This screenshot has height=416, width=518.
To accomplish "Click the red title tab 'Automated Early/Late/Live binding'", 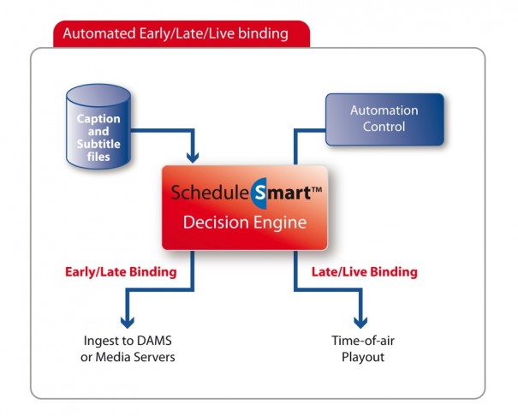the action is [182, 33].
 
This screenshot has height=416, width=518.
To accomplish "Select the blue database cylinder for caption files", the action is [98, 127].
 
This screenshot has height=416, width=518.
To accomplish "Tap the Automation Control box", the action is [385, 119].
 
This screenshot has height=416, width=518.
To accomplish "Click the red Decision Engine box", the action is [245, 208].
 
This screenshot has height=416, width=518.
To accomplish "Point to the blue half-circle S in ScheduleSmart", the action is [259, 193].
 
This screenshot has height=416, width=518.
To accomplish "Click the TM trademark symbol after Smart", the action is [317, 189].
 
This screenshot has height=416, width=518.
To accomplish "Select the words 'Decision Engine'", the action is [245, 223].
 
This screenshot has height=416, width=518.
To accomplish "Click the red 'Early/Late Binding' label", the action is [121, 272].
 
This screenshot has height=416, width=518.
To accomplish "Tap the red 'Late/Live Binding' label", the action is [365, 272].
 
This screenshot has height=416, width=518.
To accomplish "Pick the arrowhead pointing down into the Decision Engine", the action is [193, 157].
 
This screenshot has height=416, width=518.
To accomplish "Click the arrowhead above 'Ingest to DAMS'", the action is [128, 322].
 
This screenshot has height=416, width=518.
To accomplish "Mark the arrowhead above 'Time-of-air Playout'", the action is [360, 322].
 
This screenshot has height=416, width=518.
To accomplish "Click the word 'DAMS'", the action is [154, 341].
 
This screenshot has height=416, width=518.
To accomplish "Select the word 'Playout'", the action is [363, 357].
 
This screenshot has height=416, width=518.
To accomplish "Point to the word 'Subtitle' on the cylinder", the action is [98, 144].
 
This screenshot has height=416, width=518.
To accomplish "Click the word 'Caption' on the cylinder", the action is [98, 118].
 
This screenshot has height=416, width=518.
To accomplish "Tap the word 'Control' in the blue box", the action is [384, 127].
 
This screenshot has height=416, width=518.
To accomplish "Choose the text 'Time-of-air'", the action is [363, 341].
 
